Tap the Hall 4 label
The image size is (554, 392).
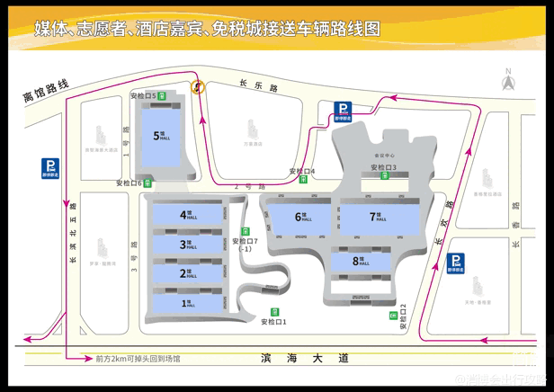click(x=187, y=215)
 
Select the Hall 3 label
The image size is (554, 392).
click(x=187, y=244)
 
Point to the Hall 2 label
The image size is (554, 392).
click(x=187, y=273)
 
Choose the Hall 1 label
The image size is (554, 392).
click(x=187, y=304)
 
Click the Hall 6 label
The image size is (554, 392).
click(x=301, y=216)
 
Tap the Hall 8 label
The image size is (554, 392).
click(x=361, y=261)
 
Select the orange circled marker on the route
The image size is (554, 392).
click(x=198, y=87)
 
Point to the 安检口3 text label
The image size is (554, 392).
click(x=382, y=167)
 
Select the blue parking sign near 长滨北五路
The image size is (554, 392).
click(x=51, y=167)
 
